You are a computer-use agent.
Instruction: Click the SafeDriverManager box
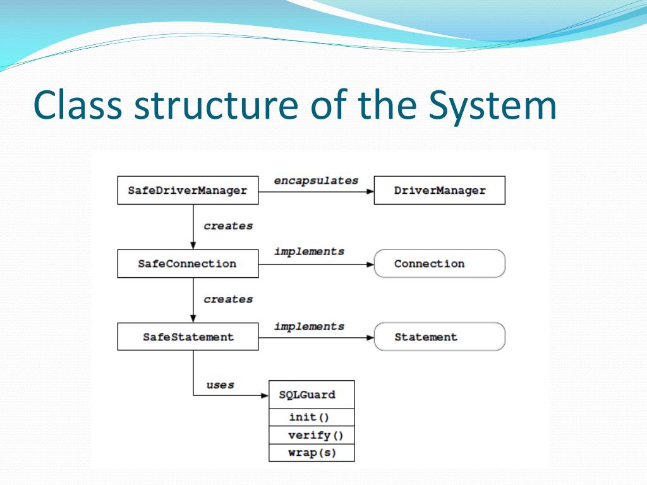pyautogui.click(x=188, y=190)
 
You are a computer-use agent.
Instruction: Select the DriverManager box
pyautogui.click(x=440, y=190)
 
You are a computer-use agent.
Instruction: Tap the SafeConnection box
pyautogui.click(x=188, y=264)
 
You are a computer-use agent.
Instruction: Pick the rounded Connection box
pyautogui.click(x=440, y=264)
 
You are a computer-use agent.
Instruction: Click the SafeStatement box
pyautogui.click(x=188, y=337)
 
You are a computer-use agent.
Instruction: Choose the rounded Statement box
pyautogui.click(x=440, y=337)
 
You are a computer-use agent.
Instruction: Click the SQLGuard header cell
pyautogui.click(x=311, y=395)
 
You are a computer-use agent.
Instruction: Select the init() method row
pyautogui.click(x=311, y=417)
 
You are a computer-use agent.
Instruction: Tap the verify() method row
pyautogui.click(x=311, y=435)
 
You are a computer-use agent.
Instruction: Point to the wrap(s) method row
pyautogui.click(x=311, y=453)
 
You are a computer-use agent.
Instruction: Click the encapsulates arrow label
pyautogui.click(x=316, y=181)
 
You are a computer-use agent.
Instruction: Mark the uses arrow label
pyautogui.click(x=221, y=385)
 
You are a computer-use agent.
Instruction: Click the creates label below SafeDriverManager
pyautogui.click(x=228, y=225)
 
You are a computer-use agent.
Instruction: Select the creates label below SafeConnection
pyautogui.click(x=228, y=299)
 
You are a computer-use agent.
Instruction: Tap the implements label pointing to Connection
pyautogui.click(x=309, y=251)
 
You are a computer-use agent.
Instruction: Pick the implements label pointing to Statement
pyautogui.click(x=309, y=326)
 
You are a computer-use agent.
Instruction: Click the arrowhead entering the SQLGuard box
pyautogui.click(x=265, y=396)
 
